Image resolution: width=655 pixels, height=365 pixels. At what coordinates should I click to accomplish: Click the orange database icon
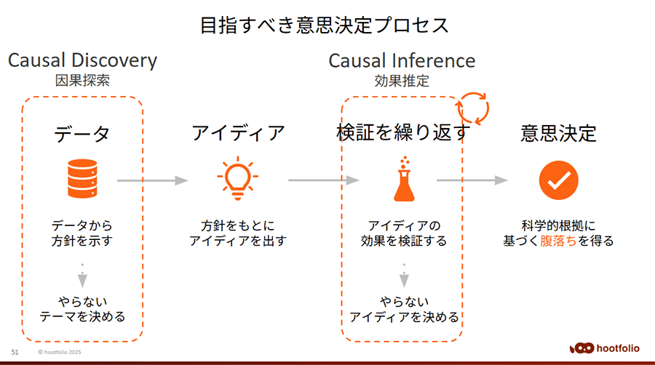(x=82, y=179)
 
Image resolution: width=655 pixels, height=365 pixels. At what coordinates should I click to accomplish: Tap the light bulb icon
(x=238, y=178)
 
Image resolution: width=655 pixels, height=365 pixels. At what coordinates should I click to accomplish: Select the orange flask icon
(x=404, y=180)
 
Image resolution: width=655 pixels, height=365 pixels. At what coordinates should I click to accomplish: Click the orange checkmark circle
(x=558, y=180)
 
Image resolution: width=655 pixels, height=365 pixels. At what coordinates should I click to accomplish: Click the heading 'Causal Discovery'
(x=83, y=60)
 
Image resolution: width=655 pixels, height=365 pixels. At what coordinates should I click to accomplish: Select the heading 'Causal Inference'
(x=402, y=60)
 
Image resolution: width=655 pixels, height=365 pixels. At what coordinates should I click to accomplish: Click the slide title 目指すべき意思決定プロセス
(x=325, y=25)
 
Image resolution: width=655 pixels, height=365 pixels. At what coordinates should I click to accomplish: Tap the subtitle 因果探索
(x=82, y=80)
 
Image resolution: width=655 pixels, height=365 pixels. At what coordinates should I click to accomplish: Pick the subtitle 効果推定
(x=402, y=81)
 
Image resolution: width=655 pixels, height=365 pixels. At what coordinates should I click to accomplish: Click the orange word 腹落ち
(x=558, y=241)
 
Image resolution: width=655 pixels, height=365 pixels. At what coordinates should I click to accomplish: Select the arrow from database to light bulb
(x=153, y=180)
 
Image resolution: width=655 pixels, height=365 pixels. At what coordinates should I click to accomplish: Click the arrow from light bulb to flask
(x=324, y=180)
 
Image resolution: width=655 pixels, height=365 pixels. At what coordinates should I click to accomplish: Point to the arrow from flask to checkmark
(x=472, y=180)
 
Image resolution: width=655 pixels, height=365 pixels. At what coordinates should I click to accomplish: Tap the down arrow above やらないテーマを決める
(x=82, y=276)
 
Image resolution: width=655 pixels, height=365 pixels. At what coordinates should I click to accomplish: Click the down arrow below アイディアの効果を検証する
(x=404, y=276)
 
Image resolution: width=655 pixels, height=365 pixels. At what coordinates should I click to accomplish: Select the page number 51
(x=15, y=352)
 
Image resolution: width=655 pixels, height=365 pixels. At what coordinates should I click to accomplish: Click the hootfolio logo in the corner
(x=604, y=348)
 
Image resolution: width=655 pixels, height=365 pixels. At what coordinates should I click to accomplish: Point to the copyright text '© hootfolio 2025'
(x=60, y=352)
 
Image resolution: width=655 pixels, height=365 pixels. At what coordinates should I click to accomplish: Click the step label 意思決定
(x=558, y=134)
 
